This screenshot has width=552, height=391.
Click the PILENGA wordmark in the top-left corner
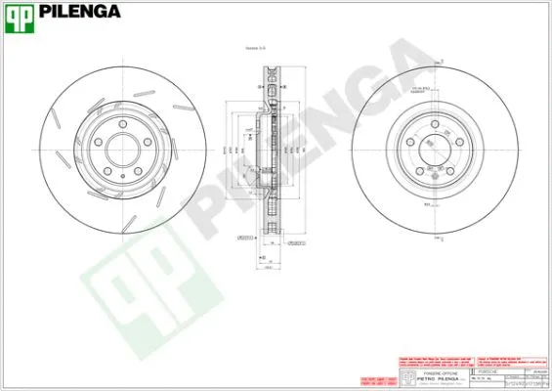(x=82, y=13)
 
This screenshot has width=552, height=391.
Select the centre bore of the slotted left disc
(x=122, y=151)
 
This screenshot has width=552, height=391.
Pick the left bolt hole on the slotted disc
(x=98, y=143)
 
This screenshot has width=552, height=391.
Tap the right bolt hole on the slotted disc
(x=147, y=143)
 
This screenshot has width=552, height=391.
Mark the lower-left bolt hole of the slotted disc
(x=107, y=171)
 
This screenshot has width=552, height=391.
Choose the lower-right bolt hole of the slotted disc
(x=138, y=171)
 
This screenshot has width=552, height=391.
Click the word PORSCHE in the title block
(x=488, y=372)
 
